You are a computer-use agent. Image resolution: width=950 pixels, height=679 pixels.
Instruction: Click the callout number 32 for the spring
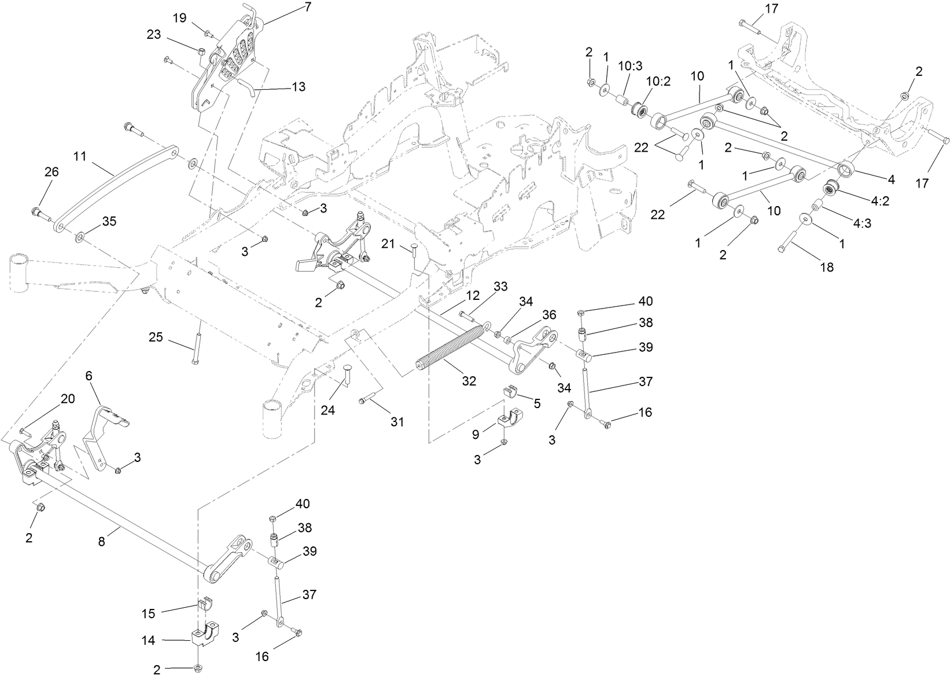click(x=469, y=381)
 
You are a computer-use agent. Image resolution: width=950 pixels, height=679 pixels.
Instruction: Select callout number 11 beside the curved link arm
click(x=80, y=156)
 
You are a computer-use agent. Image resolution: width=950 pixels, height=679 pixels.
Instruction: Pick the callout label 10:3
click(x=629, y=66)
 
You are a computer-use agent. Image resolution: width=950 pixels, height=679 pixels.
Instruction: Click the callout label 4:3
click(x=861, y=223)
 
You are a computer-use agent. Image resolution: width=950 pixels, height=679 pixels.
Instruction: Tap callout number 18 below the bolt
click(x=827, y=267)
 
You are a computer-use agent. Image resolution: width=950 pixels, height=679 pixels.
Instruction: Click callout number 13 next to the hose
click(x=299, y=87)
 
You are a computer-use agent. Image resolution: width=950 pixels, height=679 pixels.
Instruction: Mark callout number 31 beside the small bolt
click(x=396, y=422)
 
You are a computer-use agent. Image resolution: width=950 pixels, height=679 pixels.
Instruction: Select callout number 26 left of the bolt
click(x=51, y=172)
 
